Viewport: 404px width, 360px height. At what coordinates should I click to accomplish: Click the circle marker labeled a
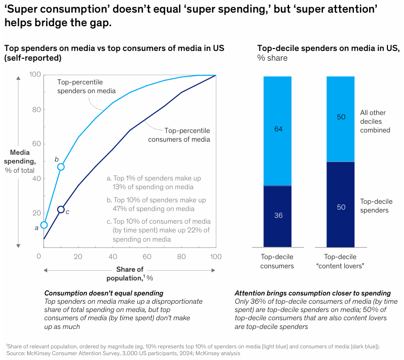click(x=44, y=225)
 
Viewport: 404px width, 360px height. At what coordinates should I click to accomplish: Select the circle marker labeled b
click(x=61, y=167)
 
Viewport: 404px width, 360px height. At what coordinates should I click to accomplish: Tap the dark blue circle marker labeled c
click(x=61, y=210)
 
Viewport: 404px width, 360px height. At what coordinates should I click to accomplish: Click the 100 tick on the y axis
click(x=34, y=75)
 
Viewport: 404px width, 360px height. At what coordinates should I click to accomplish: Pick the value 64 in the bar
click(x=278, y=129)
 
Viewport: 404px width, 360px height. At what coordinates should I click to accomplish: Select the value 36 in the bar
click(x=278, y=215)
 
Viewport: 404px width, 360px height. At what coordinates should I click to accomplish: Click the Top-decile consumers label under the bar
click(x=277, y=261)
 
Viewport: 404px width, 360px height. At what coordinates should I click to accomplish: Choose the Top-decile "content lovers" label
click(x=340, y=261)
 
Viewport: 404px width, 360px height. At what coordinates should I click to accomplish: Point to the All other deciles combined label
click(x=375, y=121)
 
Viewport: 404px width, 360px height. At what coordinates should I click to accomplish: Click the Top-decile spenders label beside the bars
click(x=375, y=206)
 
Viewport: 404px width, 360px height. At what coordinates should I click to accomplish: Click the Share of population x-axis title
click(x=129, y=274)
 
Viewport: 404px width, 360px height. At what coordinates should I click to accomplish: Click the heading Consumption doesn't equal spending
click(x=104, y=293)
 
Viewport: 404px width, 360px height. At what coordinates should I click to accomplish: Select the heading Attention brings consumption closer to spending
click(x=312, y=293)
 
